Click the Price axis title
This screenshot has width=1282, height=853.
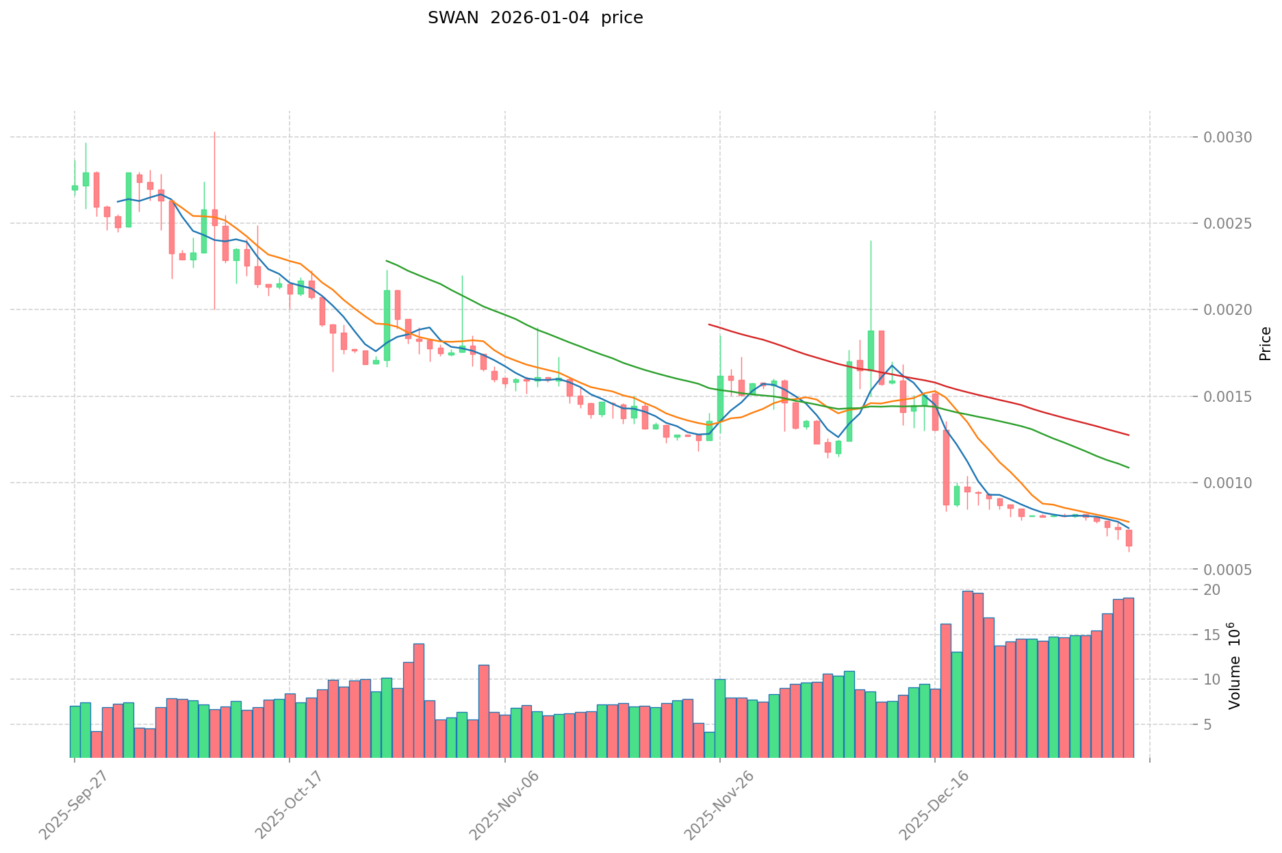[1265, 344]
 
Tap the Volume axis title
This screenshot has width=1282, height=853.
[1234, 665]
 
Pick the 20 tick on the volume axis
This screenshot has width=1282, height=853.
[1212, 590]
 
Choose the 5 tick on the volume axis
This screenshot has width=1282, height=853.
[1208, 725]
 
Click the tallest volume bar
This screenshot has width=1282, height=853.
[967, 674]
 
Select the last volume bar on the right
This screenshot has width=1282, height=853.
[1128, 678]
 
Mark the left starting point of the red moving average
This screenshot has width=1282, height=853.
[709, 324]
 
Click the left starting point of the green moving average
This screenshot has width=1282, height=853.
[387, 261]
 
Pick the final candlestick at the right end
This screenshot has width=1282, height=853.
[1128, 538]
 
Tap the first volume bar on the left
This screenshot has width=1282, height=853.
[75, 731]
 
